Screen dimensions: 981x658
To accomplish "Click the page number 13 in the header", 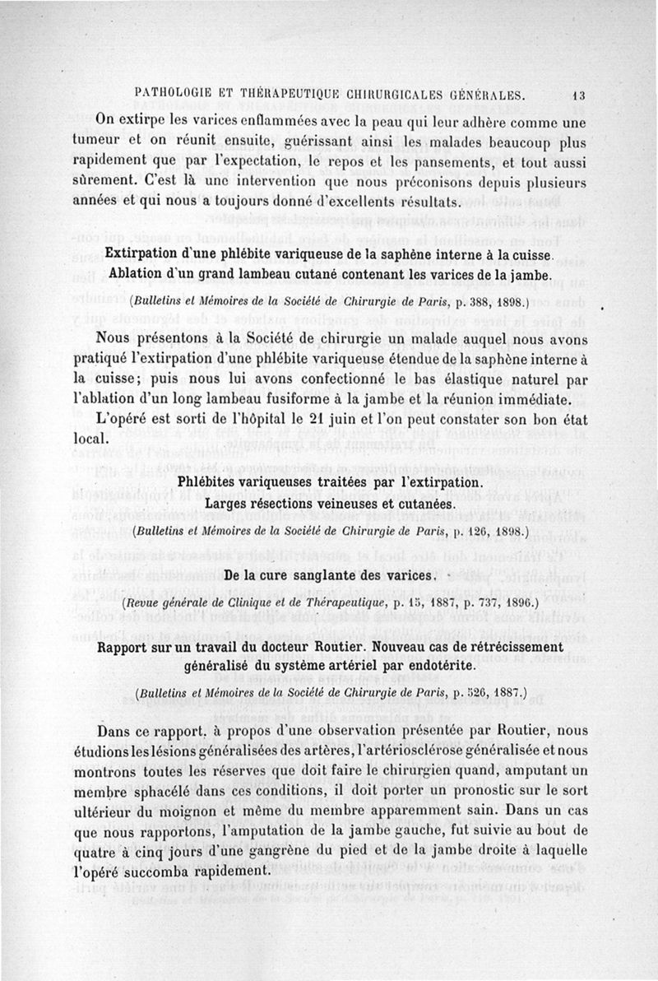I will click(x=578, y=95).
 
